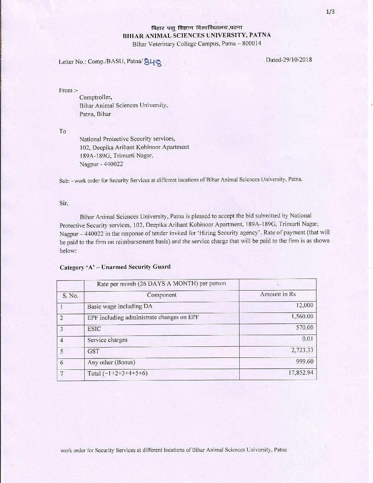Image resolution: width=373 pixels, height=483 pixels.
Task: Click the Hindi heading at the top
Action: click(x=197, y=28)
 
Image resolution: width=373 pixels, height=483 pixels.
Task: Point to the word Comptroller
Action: click(x=96, y=97)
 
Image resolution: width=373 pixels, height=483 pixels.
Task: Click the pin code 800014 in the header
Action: click(x=251, y=44)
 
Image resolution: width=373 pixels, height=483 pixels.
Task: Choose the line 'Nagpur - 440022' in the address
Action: click(x=101, y=164)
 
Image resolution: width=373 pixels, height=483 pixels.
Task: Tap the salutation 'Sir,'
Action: click(x=64, y=203)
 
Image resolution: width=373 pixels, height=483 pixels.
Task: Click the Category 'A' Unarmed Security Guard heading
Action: click(x=115, y=267)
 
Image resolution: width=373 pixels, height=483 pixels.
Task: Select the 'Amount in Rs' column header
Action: click(x=278, y=294)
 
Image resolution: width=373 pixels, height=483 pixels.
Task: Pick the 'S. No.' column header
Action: click(x=70, y=295)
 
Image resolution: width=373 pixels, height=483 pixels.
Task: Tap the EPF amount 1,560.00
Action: click(x=302, y=316)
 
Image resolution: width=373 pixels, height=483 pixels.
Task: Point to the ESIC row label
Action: click(x=94, y=329)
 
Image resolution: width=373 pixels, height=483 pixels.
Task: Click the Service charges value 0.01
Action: click(x=308, y=339)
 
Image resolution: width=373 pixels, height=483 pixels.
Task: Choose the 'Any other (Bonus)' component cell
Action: click(x=111, y=362)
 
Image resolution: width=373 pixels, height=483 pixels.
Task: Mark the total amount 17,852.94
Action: click(x=301, y=373)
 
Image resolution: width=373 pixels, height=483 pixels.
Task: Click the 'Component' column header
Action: click(x=161, y=295)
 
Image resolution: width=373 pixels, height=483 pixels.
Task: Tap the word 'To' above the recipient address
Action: click(x=62, y=131)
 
